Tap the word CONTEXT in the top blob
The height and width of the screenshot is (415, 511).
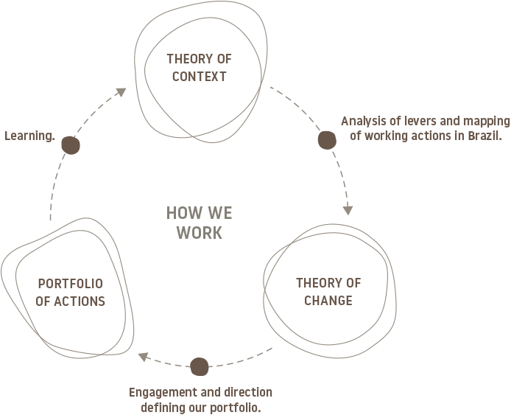click(x=197, y=76)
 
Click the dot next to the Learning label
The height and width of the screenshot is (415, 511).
click(x=71, y=146)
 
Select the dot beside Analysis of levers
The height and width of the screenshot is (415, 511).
click(x=327, y=140)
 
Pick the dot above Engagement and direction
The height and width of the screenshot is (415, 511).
click(x=200, y=366)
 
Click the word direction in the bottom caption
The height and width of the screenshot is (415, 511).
click(x=247, y=391)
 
